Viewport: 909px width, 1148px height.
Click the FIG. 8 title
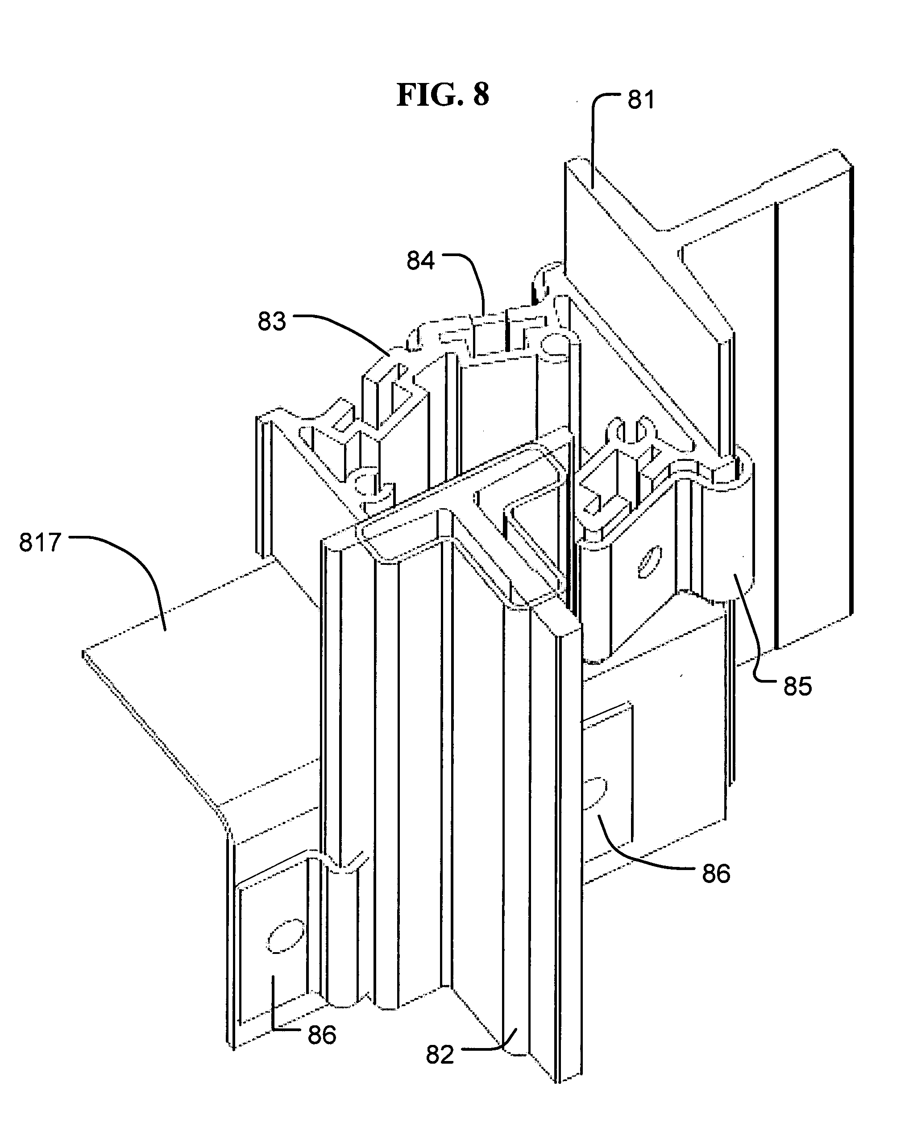(442, 95)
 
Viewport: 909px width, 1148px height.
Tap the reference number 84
(420, 261)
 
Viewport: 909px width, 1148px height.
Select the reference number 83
(271, 322)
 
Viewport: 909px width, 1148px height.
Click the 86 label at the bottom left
(321, 1035)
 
